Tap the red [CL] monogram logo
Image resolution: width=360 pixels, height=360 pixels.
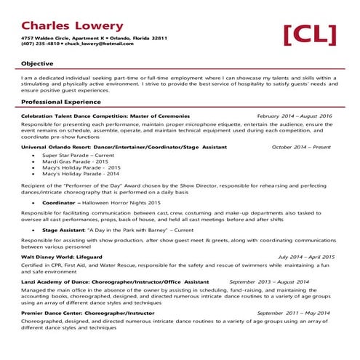310,33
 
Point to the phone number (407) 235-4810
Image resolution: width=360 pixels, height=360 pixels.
41,44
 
